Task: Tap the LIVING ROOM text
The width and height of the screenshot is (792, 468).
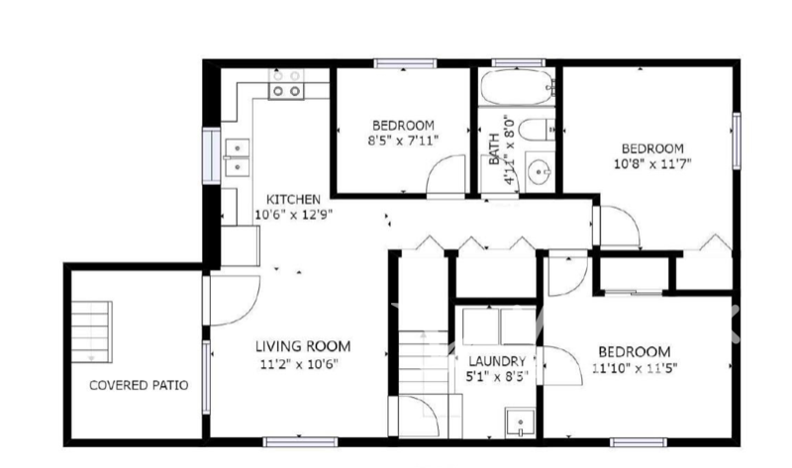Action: (x=303, y=346)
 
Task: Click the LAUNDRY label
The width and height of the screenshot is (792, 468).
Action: (x=502, y=362)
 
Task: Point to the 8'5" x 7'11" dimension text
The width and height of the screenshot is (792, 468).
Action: (x=403, y=140)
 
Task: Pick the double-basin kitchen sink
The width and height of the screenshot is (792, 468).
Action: (x=237, y=157)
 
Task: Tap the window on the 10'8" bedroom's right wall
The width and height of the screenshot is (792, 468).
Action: (x=736, y=139)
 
